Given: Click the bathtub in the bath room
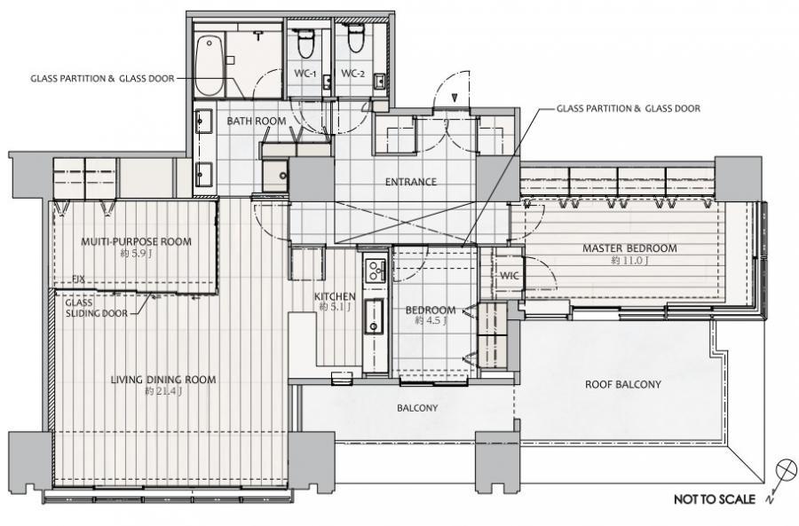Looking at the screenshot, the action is tap(210, 65).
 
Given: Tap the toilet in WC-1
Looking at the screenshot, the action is tap(305, 43).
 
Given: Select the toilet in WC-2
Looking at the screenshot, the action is tap(354, 39).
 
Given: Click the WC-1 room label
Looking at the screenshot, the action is tap(305, 74).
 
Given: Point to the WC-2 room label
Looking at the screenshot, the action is tap(352, 74).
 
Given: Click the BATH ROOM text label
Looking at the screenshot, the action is tap(257, 122).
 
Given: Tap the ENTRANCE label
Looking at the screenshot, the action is tap(411, 182).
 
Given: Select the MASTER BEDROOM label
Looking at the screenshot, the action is tap(629, 248).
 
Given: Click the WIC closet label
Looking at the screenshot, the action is tap(509, 276).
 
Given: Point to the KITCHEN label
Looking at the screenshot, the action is tap(335, 296).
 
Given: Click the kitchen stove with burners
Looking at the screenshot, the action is tap(376, 271).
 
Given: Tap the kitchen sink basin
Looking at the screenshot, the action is tap(374, 316).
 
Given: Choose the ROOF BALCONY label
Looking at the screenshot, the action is tap(622, 384).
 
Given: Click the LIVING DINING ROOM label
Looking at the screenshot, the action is tap(163, 380).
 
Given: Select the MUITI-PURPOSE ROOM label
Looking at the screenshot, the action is tap(136, 241).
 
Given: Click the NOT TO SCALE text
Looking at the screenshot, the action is tap(715, 499).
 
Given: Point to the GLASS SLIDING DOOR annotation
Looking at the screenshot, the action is tap(96, 308).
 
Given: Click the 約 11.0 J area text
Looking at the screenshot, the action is tap(629, 261).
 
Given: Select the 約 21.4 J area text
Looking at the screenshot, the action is tap(163, 391).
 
